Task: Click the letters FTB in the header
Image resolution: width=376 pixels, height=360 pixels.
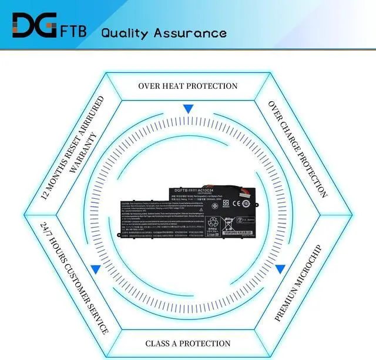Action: pyautogui.click(x=73, y=31)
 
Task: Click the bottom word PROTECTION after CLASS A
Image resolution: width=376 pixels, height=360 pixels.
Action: pyautogui.click(x=206, y=344)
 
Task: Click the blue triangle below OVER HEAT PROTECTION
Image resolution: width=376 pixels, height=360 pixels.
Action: pyautogui.click(x=188, y=109)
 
